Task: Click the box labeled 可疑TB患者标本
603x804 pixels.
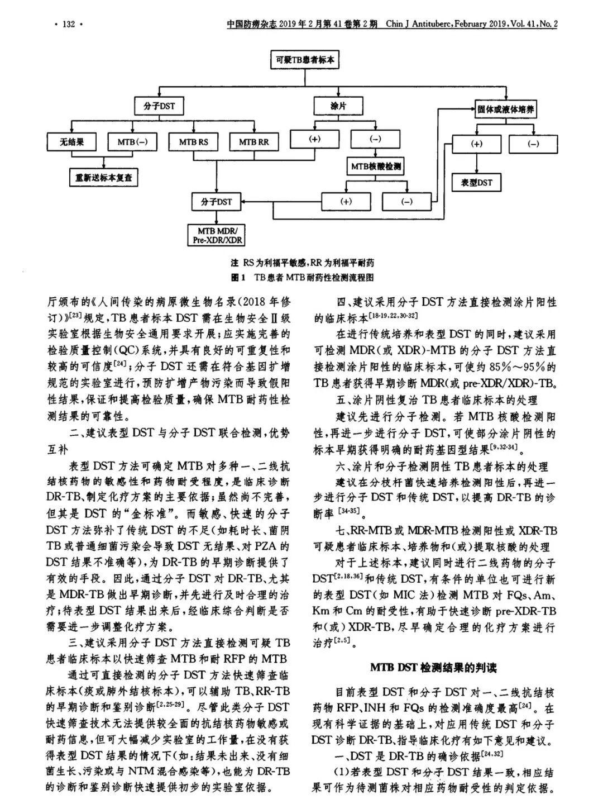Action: [304, 59]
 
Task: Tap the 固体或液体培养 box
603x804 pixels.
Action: [505, 109]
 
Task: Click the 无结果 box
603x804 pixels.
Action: [72, 142]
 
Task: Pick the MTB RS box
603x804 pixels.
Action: [193, 142]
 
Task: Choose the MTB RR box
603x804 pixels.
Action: [253, 142]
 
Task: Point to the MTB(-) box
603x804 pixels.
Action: [132, 142]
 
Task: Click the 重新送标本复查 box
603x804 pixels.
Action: [104, 178]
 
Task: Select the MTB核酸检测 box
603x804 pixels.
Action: [376, 166]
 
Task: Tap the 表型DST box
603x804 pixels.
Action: [476, 182]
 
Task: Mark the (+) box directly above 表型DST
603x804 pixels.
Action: [476, 144]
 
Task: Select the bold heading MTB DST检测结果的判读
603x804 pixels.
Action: [433, 668]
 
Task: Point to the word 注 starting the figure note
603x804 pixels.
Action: [234, 263]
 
